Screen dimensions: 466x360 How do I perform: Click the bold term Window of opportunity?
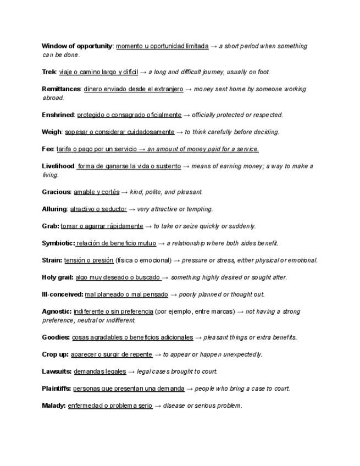pyautogui.click(x=77, y=46)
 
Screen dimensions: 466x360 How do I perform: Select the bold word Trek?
pyautogui.click(x=49, y=72)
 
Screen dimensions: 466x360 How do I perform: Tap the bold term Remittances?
pyautogui.click(x=62, y=89)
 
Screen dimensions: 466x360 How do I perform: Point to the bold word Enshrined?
pyautogui.click(x=58, y=115)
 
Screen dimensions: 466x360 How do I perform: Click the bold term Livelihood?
pyautogui.click(x=58, y=166)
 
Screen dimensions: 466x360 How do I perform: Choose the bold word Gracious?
pyautogui.click(x=57, y=192)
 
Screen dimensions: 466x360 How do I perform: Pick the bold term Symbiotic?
pyautogui.click(x=58, y=243)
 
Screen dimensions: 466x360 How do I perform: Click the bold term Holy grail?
pyautogui.click(x=57, y=278)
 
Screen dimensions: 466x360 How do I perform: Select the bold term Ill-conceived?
pyautogui.click(x=62, y=295)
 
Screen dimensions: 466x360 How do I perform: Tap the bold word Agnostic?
pyautogui.click(x=56, y=312)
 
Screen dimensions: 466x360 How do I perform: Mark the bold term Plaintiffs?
pyautogui.click(x=56, y=389)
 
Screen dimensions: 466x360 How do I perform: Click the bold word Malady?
pyautogui.click(x=53, y=406)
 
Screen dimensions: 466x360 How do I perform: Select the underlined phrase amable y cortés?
pyautogui.click(x=96, y=192)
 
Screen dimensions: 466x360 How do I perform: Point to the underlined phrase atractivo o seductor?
pyautogui.click(x=98, y=209)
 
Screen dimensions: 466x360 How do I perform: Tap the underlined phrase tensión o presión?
pyautogui.click(x=88, y=260)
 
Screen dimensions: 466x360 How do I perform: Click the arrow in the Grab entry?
pyautogui.click(x=148, y=226)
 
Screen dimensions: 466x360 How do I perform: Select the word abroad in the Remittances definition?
pyautogui.click(x=53, y=98)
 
